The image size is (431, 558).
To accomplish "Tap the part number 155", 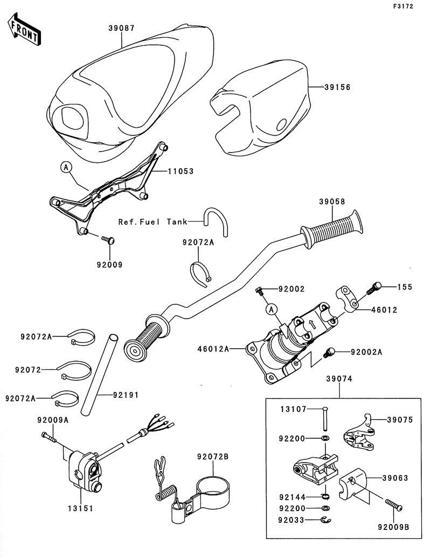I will pyautogui.click(x=405, y=287).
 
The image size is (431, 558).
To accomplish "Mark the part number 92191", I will pyautogui.click(x=126, y=395).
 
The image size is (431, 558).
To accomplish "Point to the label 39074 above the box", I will pyautogui.click(x=339, y=380).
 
